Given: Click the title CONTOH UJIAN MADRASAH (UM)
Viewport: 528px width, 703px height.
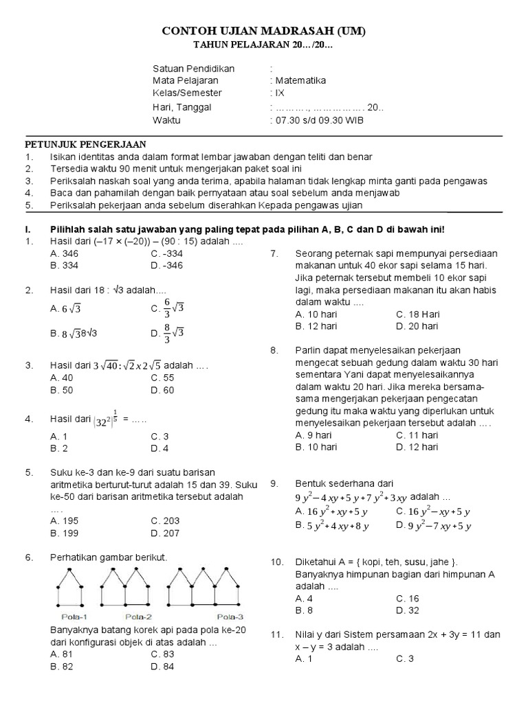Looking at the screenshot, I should coord(264,32).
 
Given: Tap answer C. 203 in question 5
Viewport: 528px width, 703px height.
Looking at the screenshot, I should coord(165,520).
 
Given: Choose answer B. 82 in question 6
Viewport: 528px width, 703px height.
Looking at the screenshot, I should coord(63,666).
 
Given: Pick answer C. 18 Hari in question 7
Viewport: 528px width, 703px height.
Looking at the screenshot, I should coord(417,314).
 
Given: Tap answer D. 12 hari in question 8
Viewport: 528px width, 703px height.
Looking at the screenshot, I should coord(417,447).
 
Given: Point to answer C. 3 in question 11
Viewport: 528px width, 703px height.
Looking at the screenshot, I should coord(405,659).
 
